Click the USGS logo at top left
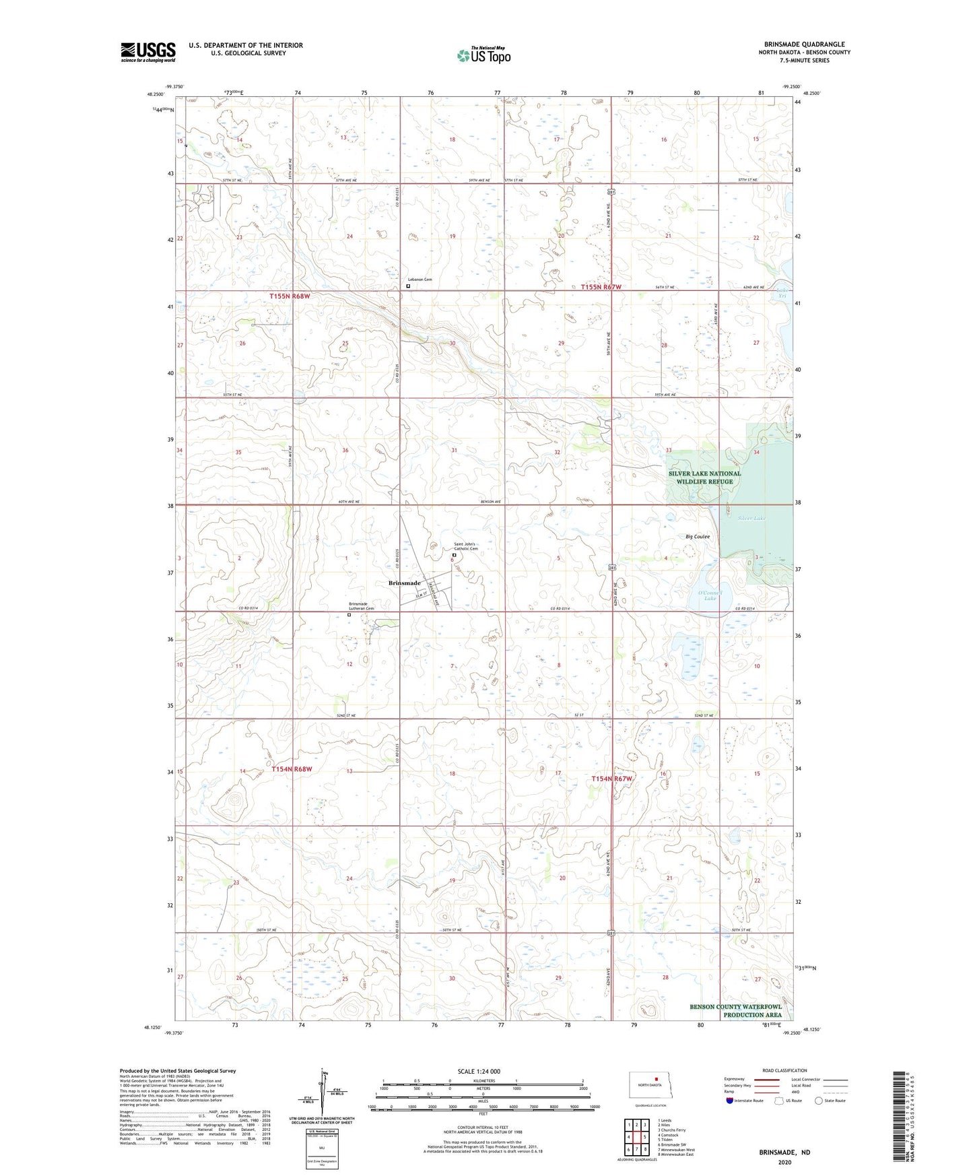coord(148,52)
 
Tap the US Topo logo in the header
coord(483,55)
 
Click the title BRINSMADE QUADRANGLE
coord(804,44)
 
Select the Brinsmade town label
coord(404,583)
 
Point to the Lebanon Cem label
coord(420,279)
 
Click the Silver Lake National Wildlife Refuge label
coord(704,477)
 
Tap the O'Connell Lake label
coord(710,595)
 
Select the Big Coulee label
coord(698,536)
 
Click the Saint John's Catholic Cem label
coord(465,546)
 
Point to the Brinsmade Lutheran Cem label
coord(361,606)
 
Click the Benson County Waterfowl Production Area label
coord(735,1010)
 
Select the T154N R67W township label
coord(613,779)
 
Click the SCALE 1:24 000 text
coord(479,1071)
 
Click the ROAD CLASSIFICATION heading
coord(784,1070)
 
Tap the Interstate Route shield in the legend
coord(731,1101)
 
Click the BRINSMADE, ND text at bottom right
coord(784,1152)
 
